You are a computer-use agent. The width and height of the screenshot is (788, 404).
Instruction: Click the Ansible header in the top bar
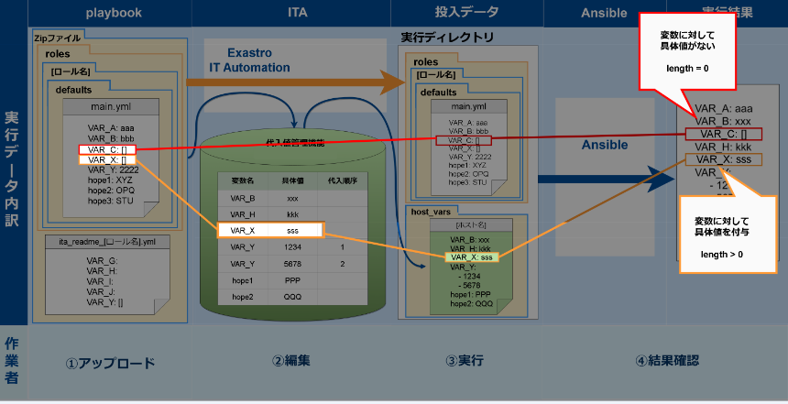tap(604, 12)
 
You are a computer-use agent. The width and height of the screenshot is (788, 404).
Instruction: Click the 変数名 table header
tap(243, 181)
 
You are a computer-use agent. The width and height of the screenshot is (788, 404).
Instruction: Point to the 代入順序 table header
tap(342, 181)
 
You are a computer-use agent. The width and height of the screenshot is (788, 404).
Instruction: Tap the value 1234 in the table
tap(293, 247)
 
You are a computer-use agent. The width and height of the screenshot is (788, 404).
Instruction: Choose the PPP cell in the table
tap(293, 280)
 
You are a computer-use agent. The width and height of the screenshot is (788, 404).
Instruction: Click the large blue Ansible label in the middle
tap(605, 145)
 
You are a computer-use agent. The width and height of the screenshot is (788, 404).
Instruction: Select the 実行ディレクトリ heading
tap(448, 38)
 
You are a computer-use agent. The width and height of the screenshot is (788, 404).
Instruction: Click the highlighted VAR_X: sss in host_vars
tap(471, 257)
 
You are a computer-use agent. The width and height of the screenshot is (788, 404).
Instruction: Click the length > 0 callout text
tap(721, 254)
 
